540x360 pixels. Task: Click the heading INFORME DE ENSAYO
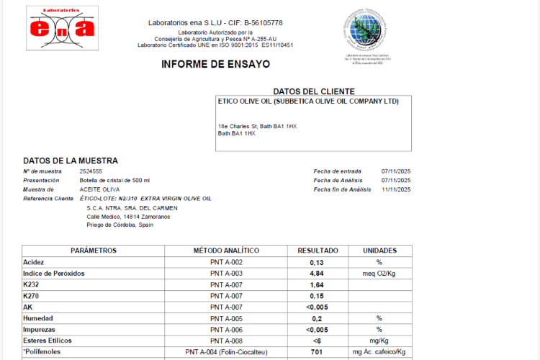click(x=216, y=64)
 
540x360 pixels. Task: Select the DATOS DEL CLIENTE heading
click(x=314, y=91)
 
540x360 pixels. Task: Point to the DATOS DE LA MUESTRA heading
click(x=71, y=161)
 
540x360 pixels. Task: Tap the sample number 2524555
click(x=91, y=171)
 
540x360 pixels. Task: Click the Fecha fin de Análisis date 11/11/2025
click(x=396, y=189)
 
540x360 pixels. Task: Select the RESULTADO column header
click(x=318, y=251)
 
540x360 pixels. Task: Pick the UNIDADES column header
click(x=379, y=251)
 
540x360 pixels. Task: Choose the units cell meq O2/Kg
click(x=379, y=274)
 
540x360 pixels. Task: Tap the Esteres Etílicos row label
click(x=49, y=341)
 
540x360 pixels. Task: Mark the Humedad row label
click(x=38, y=318)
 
